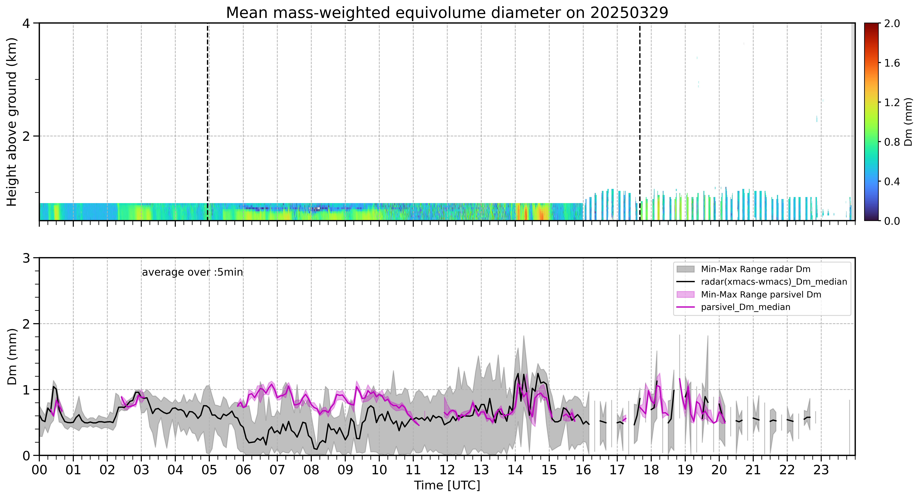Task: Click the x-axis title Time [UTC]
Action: (447, 486)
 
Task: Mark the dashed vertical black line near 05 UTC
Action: (207, 122)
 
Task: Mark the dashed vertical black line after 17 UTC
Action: (640, 122)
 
